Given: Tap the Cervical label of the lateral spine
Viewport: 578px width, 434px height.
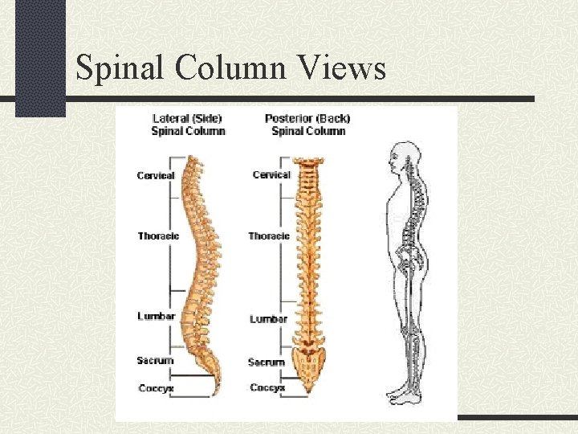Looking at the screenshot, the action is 156,175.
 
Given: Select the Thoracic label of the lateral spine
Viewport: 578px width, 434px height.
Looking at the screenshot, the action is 158,235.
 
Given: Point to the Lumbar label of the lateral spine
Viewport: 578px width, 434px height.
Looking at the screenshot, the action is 156,316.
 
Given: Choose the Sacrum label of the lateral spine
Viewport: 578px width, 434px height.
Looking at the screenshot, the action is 155,360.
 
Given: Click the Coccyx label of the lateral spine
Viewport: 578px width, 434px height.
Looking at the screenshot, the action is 156,388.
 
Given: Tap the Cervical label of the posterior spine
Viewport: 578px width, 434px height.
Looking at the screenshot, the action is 271,174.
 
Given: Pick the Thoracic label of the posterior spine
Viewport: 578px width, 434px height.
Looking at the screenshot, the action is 269,235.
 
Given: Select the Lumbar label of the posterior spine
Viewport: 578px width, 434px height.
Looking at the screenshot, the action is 268,319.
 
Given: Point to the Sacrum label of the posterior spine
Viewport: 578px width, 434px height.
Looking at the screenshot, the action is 267,362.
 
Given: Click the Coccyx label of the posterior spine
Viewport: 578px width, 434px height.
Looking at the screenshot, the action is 267,388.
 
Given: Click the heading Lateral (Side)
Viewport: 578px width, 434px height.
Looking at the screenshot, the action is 188,119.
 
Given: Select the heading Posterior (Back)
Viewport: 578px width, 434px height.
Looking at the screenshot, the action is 307,119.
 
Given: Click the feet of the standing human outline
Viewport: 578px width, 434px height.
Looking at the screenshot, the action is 405,395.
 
